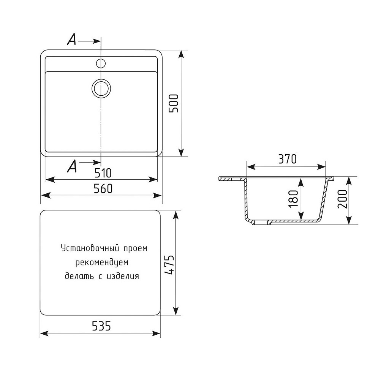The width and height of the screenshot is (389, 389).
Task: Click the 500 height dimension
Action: (x=173, y=103)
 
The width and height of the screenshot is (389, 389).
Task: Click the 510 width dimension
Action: (x=103, y=173)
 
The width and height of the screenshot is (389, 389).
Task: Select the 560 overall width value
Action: (x=103, y=189)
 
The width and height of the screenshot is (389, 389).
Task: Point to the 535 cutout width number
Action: (x=101, y=326)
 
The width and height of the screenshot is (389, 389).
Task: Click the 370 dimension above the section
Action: (x=287, y=159)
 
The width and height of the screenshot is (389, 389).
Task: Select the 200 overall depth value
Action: (x=343, y=199)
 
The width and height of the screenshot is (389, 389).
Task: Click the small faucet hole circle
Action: (x=101, y=63)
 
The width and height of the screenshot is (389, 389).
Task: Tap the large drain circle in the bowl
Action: (x=101, y=88)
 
